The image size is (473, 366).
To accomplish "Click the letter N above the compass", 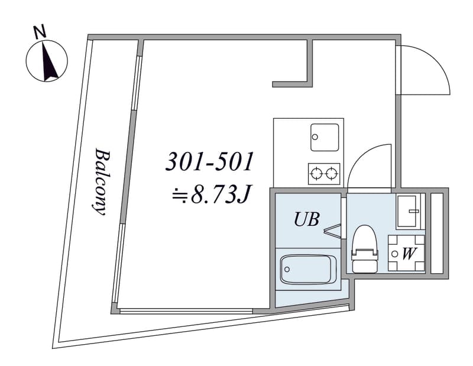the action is (40, 33).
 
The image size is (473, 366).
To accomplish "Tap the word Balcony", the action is (101, 182).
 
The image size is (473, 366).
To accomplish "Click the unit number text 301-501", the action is (209, 162).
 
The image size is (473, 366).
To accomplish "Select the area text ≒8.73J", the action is (211, 195).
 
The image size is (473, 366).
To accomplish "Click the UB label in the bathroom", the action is (306, 219).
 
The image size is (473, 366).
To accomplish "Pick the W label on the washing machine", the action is (409, 254).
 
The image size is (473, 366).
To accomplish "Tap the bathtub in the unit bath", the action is (308, 270).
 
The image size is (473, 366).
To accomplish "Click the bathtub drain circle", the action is (287, 269).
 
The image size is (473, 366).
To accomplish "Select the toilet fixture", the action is (365, 249).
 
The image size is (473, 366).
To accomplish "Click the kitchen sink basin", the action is (325, 137).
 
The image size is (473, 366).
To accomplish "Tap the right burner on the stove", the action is (332, 173).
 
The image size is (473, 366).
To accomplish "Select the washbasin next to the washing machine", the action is (409, 211).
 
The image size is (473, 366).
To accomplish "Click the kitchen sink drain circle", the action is (315, 137).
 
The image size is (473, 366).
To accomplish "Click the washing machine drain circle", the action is (394, 254).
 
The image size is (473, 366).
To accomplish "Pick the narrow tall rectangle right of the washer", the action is (436, 233).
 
